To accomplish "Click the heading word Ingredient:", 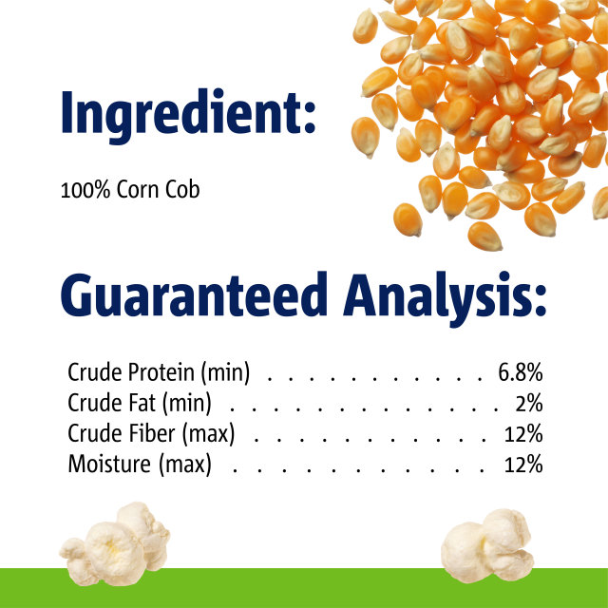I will click(x=187, y=115).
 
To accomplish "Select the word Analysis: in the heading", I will click(x=446, y=296).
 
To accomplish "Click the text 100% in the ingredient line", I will click(x=79, y=189).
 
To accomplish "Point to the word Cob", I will click(x=181, y=189).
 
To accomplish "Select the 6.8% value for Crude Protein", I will click(x=520, y=372).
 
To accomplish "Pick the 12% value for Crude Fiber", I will click(x=523, y=434).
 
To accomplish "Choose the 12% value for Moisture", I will click(x=523, y=465).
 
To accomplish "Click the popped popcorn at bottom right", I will click(x=488, y=545).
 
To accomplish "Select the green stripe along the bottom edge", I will click(x=304, y=588).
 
